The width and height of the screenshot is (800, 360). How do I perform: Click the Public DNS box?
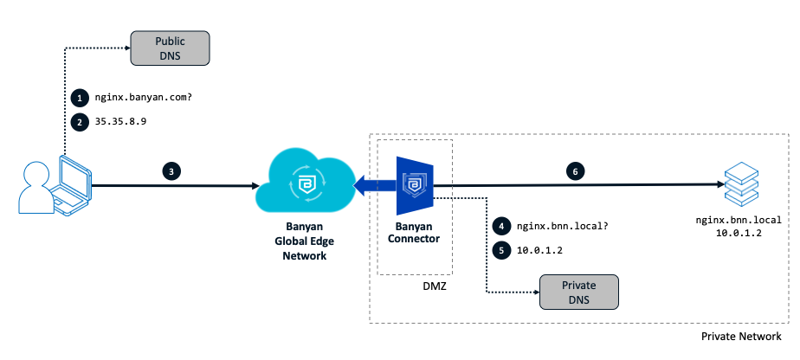[170, 48]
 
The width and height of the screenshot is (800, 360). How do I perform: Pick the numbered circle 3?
[172, 171]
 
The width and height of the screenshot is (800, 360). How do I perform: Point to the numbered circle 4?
[500, 225]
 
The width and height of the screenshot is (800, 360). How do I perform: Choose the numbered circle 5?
[500, 250]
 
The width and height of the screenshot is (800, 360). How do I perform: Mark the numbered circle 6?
[575, 171]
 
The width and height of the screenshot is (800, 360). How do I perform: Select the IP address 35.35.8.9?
[121, 122]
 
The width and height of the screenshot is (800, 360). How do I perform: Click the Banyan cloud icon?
[304, 183]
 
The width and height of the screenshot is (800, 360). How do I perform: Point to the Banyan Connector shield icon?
[416, 186]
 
